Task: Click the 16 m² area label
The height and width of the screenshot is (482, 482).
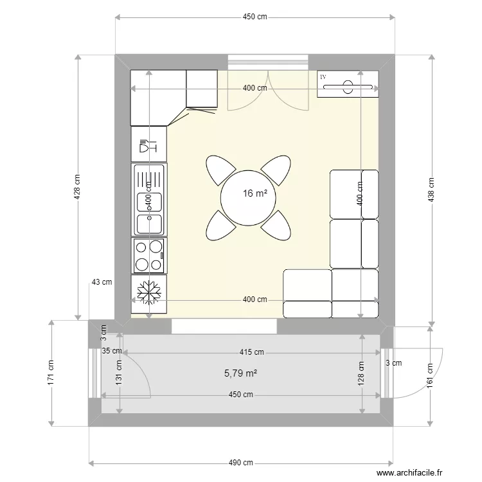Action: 254,193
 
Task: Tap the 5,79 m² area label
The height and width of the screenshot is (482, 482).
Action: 237,372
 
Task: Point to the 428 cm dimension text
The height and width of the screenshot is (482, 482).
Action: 77,186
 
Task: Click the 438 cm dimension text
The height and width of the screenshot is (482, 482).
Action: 432,190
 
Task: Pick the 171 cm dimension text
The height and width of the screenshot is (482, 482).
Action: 50,373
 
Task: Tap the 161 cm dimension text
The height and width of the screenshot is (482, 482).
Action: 429,373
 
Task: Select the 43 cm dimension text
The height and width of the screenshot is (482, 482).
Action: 102,282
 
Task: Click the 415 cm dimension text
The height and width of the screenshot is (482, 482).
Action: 252,352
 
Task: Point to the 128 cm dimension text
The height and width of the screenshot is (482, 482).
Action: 361,373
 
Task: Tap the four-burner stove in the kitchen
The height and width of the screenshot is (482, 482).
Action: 149,255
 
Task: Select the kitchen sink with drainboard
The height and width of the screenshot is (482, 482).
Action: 149,199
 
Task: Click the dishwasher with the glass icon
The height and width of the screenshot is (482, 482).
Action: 148,145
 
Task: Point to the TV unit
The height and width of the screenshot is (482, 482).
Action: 347,84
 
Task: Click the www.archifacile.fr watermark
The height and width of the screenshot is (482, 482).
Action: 409,472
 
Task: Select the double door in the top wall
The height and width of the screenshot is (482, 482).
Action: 269,87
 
